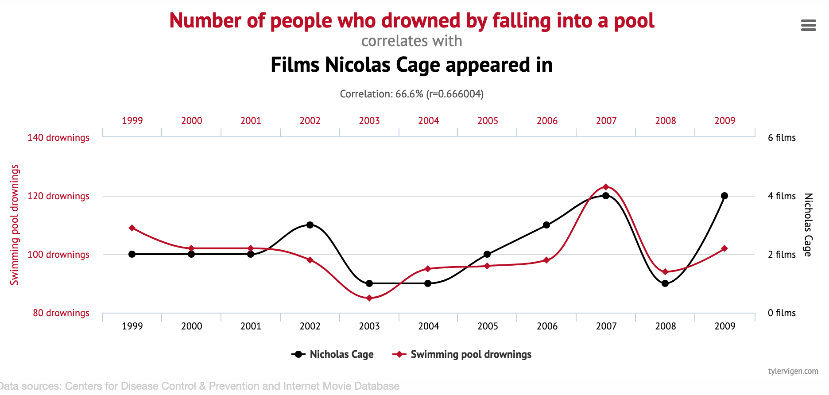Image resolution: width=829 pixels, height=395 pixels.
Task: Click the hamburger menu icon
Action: [809, 25]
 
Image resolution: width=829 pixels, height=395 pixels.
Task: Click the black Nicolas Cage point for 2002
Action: [310, 225]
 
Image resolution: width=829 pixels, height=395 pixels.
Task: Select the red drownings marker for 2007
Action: [606, 187]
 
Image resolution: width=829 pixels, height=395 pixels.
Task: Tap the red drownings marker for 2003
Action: [369, 298]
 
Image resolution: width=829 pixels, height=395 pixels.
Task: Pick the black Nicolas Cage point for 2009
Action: [724, 196]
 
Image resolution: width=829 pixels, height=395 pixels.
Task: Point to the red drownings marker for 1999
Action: [132, 228]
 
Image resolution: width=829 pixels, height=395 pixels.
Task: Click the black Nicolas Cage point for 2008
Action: [665, 283]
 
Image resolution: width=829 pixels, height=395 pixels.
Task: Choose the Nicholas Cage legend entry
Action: [333, 354]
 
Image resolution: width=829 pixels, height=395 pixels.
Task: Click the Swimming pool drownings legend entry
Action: [462, 354]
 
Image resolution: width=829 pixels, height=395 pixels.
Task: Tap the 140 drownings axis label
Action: [58, 138]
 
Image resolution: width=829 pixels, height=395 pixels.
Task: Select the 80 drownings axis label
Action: [61, 313]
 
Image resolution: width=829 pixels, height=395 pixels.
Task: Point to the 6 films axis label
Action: [782, 138]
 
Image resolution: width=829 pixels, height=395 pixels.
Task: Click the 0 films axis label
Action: [782, 313]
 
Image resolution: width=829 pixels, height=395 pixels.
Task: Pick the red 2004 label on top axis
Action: [429, 120]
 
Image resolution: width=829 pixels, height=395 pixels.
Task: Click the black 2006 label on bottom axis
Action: [547, 326]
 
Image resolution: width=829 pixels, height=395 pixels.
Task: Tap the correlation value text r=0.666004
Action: [455, 94]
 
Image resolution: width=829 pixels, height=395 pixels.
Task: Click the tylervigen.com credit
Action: [793, 371]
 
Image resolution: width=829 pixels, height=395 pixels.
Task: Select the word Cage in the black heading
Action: [418, 65]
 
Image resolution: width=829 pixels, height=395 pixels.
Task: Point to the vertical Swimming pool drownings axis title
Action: [15, 225]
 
